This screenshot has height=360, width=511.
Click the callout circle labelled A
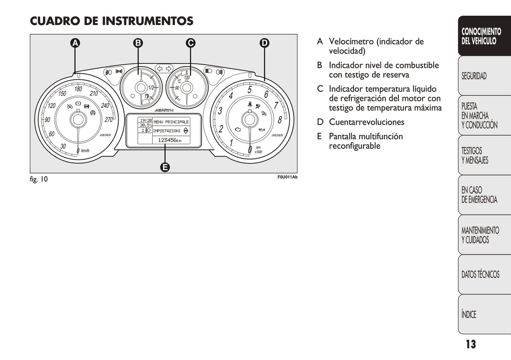click(x=75, y=43)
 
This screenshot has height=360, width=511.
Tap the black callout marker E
click(x=165, y=167)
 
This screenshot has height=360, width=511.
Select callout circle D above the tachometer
click(x=265, y=43)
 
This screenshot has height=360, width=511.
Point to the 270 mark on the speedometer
click(x=109, y=120)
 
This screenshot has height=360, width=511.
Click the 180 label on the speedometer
click(x=78, y=89)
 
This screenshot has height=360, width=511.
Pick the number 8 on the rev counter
click(x=280, y=120)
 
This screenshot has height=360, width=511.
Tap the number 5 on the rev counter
click(x=250, y=89)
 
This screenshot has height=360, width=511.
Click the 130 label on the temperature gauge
click(x=187, y=77)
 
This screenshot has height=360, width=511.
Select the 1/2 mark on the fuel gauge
click(x=151, y=88)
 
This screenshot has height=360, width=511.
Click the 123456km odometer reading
click(x=170, y=140)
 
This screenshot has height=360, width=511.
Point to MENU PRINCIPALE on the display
click(x=171, y=122)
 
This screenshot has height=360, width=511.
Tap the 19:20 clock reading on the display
click(x=146, y=120)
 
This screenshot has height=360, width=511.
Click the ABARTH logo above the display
click(x=164, y=110)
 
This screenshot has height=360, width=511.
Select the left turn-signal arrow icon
click(x=160, y=69)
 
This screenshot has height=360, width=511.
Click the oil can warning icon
click(x=262, y=130)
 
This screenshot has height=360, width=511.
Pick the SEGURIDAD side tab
click(x=484, y=76)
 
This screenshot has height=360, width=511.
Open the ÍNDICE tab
click(x=484, y=314)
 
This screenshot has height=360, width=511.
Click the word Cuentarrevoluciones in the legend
click(x=367, y=122)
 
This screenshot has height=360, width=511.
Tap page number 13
click(x=471, y=344)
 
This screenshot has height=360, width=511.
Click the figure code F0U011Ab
click(x=288, y=177)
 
